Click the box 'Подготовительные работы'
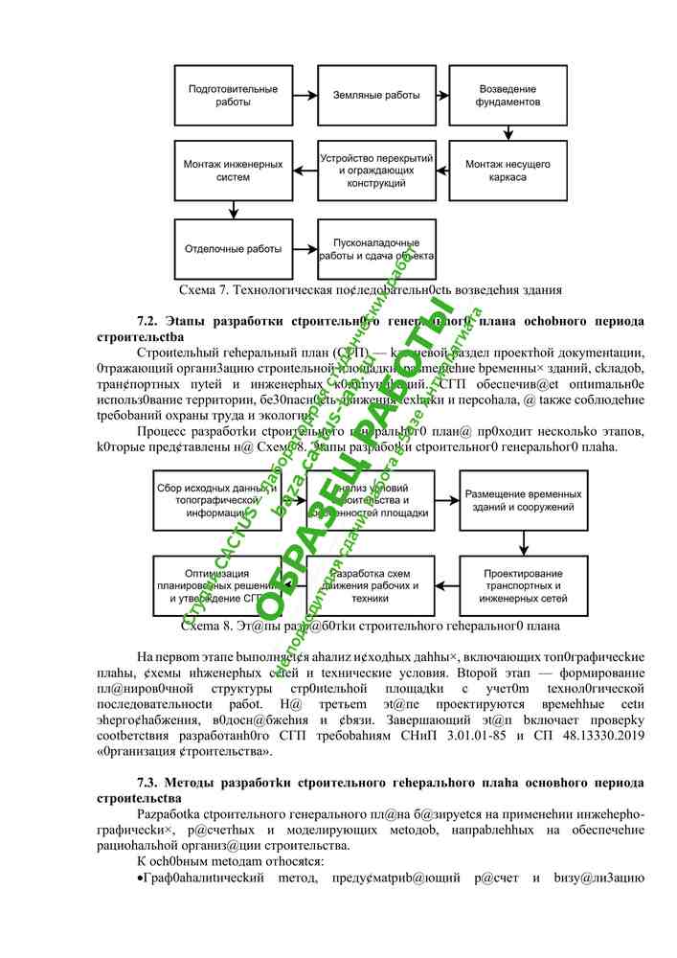(234, 95)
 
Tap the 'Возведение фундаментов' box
(508, 95)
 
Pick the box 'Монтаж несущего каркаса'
(508, 171)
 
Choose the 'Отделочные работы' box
(234, 249)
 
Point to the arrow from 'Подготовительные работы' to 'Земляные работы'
(305, 95)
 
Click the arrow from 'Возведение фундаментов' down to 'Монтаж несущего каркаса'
(508, 133)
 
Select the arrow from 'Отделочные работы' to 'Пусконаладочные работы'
(305, 249)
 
